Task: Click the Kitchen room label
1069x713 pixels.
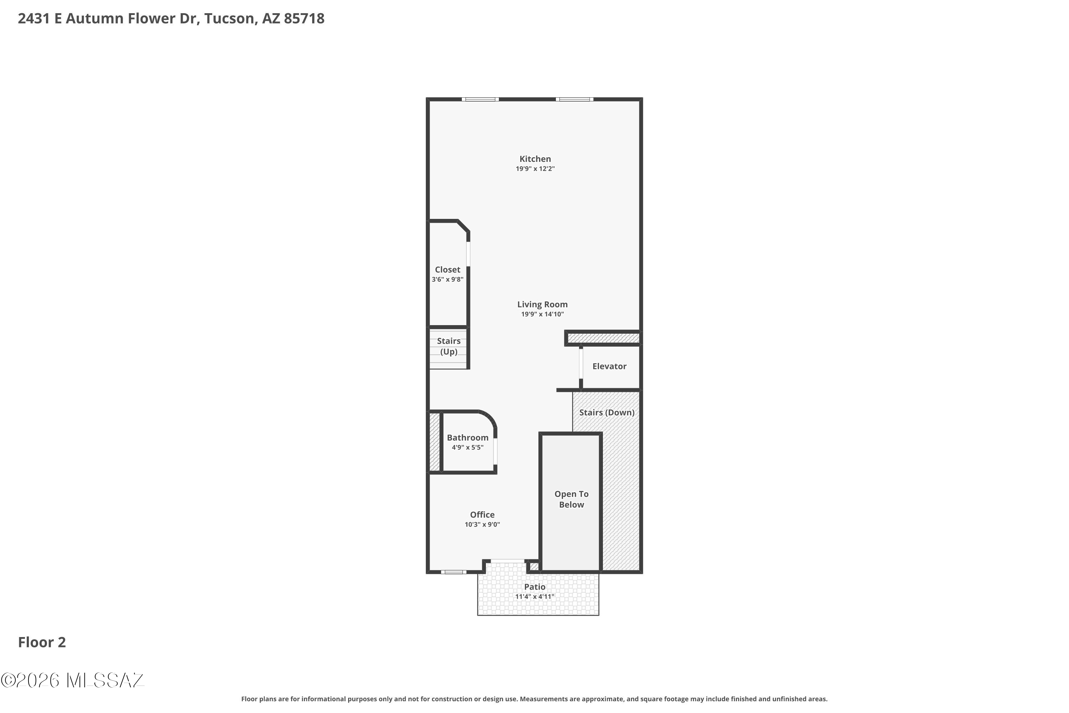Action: [x=535, y=159]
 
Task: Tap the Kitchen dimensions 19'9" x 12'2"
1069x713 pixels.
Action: [x=535, y=169]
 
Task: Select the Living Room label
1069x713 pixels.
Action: [x=542, y=304]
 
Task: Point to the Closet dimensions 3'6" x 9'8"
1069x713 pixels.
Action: [x=447, y=279]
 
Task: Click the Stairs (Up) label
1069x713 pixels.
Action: [x=449, y=346]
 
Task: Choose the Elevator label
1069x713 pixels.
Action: [x=609, y=366]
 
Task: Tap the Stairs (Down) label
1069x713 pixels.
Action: [x=606, y=412]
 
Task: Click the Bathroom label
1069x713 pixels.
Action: [x=467, y=437]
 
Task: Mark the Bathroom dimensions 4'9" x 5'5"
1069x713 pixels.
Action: [x=467, y=447]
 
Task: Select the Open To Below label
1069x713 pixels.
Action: [x=571, y=499]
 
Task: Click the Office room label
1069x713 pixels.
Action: [x=482, y=514]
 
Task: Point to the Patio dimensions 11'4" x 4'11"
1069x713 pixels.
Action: [x=534, y=596]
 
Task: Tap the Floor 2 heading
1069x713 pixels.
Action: [x=42, y=642]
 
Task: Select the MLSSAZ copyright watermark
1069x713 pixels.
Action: [x=73, y=681]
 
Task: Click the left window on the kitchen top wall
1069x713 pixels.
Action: [x=480, y=99]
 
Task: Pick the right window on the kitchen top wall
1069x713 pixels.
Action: [x=574, y=99]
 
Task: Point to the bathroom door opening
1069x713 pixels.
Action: [x=495, y=451]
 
